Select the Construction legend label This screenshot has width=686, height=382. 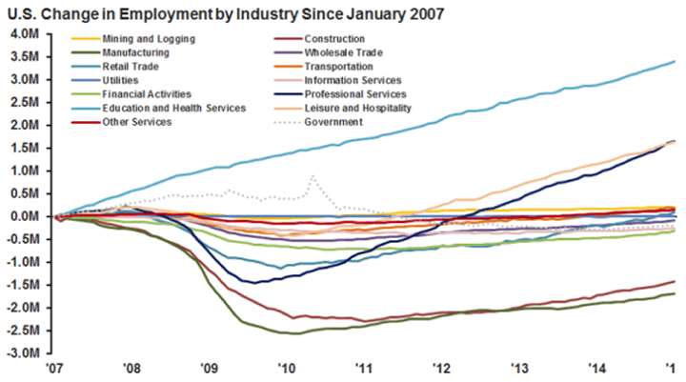click(x=333, y=39)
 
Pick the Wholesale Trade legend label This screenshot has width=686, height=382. click(x=344, y=53)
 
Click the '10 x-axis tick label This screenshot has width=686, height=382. click(x=283, y=368)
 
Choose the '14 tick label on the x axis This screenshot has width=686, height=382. click(x=595, y=368)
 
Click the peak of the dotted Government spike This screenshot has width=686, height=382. click(x=313, y=176)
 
